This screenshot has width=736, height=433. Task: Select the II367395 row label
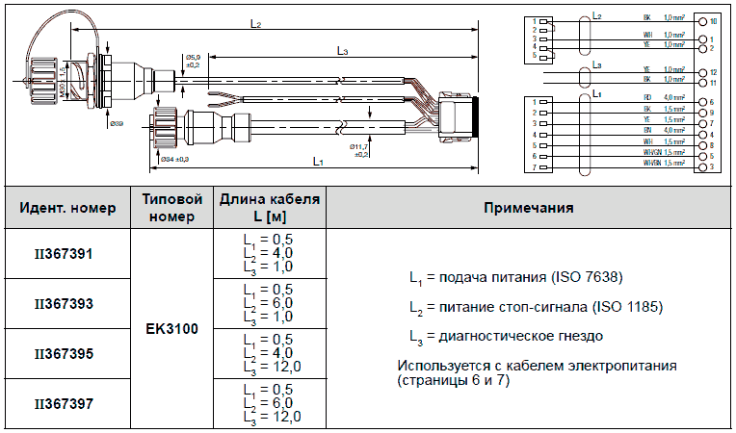pyautogui.click(x=64, y=354)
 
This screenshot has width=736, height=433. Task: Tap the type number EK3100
pyautogui.click(x=171, y=329)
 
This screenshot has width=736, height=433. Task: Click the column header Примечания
pyautogui.click(x=529, y=208)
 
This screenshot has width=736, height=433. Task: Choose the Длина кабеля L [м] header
pyautogui.click(x=269, y=208)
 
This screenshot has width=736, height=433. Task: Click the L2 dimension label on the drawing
pyautogui.click(x=255, y=24)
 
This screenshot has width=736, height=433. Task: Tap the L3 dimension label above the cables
pyautogui.click(x=343, y=50)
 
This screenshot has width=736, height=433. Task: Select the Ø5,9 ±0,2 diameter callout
pyautogui.click(x=193, y=63)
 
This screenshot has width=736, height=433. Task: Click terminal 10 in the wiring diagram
pyautogui.click(x=712, y=20)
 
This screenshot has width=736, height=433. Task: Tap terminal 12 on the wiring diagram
pyautogui.click(x=712, y=73)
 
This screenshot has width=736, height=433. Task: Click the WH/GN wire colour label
pyautogui.click(x=650, y=156)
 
